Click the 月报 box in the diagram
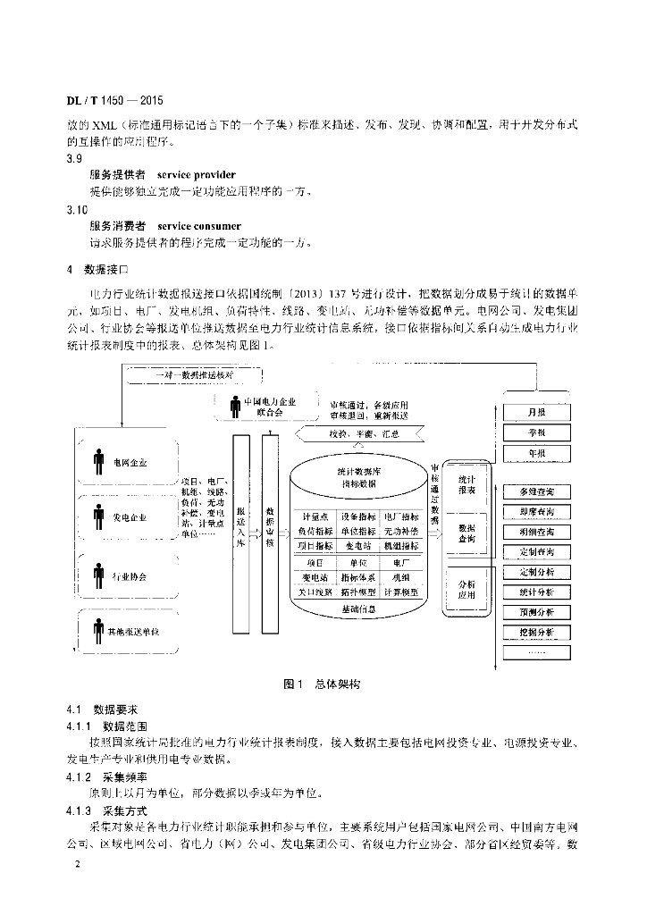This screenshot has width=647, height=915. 536,412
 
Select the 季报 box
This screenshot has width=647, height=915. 536,432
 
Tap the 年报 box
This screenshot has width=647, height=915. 536,453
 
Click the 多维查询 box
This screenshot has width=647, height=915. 536,491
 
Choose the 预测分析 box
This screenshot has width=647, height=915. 536,612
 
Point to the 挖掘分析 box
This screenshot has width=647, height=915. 536,632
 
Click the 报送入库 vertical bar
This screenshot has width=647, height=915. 240,532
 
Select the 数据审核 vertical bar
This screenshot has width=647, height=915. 269,532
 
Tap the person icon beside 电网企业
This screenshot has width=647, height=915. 98,464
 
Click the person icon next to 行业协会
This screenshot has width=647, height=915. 98,575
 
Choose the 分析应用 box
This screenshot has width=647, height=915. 466,589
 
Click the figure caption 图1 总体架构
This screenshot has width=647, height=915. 322,684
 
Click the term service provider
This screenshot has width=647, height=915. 197,175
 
